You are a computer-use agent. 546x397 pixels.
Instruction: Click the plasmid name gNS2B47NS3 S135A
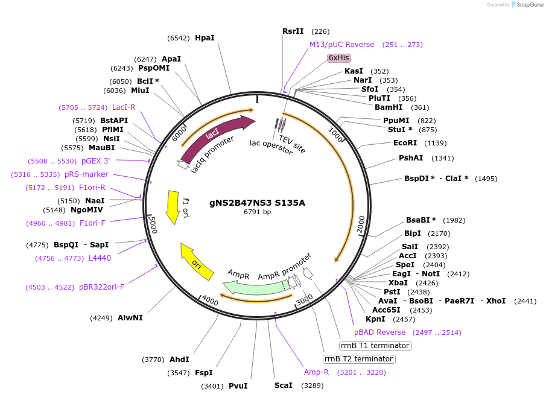pyautogui.click(x=257, y=203)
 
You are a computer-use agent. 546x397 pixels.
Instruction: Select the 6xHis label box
pyautogui.click(x=338, y=58)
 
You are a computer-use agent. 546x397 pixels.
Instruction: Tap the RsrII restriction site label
pyautogui.click(x=293, y=31)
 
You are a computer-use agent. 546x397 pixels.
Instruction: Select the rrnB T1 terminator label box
pyautogui.click(x=375, y=346)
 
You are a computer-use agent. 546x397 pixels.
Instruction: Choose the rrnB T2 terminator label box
pyautogui.click(x=359, y=359)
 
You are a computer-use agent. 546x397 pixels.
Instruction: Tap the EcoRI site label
pyautogui.click(x=405, y=143)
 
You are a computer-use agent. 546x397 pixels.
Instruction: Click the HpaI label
pyautogui.click(x=205, y=38)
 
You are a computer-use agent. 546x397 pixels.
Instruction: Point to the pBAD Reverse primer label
pyautogui.click(x=379, y=332)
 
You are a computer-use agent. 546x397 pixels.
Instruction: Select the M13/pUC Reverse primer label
pyautogui.click(x=341, y=45)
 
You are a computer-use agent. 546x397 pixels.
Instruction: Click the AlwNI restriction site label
pyautogui.click(x=130, y=317)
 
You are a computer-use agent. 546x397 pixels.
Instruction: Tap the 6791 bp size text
pyautogui.click(x=257, y=212)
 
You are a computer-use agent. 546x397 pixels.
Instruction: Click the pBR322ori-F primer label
pyautogui.click(x=101, y=287)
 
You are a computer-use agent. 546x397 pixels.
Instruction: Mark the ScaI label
pyautogui.click(x=283, y=385)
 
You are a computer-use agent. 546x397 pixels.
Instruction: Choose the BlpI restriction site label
pyautogui.click(x=413, y=233)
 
